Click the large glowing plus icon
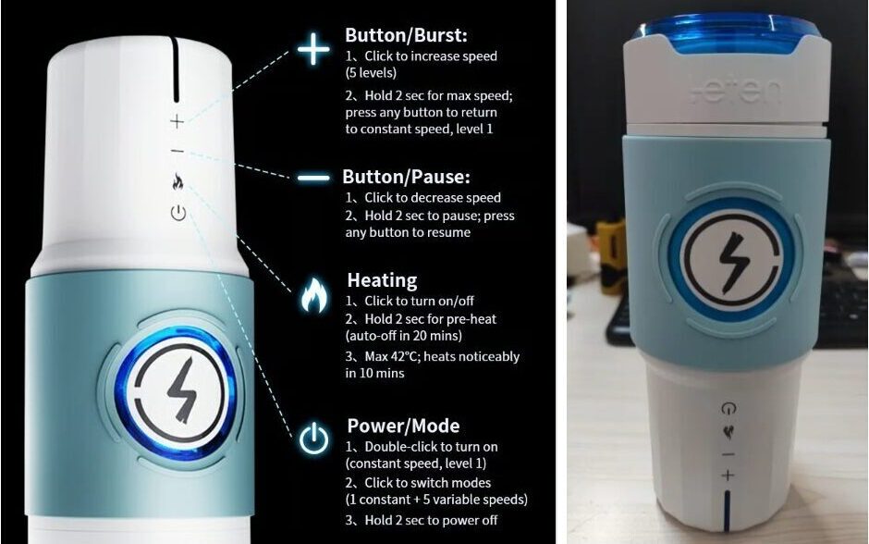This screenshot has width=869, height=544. point(313,49)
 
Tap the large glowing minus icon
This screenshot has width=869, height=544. point(313,178)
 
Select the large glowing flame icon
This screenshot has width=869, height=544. point(313,294)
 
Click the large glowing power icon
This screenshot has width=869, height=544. point(313,439)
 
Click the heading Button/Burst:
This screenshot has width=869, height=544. point(406,35)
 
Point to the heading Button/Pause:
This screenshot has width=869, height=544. point(406,177)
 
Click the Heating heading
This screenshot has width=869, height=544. point(382,280)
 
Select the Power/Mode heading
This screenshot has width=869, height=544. point(403,426)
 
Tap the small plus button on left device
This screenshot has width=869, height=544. point(177,121)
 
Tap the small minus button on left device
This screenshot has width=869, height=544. point(177,151)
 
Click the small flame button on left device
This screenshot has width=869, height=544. point(177,181)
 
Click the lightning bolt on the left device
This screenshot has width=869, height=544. point(182,389)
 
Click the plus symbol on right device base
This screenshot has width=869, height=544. point(728,476)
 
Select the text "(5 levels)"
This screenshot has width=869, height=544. point(371,73)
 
